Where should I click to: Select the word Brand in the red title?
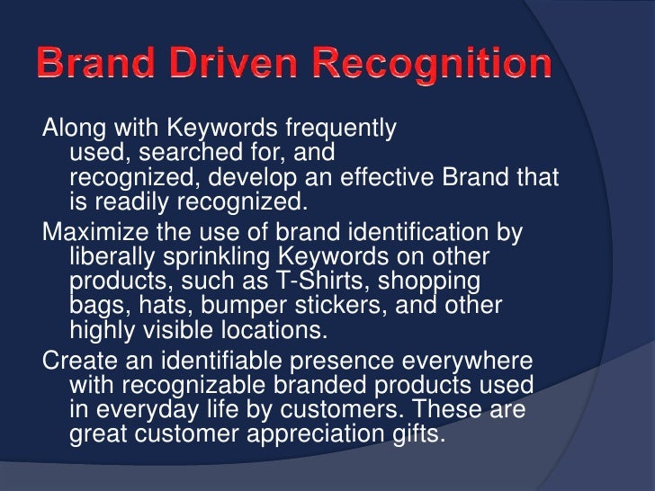click(x=96, y=66)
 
